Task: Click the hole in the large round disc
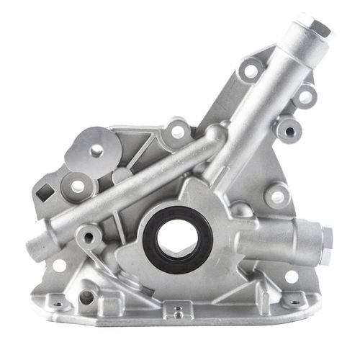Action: (96, 150)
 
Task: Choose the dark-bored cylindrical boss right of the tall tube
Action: (289, 129)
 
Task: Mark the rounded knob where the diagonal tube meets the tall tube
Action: (214, 135)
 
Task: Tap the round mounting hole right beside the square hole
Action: (76, 186)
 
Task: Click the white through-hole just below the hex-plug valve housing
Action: (292, 276)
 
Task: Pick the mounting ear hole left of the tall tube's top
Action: (251, 71)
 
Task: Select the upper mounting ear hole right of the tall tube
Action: (305, 95)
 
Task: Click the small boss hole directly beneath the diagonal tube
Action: (90, 235)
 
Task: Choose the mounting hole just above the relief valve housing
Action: (276, 195)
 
